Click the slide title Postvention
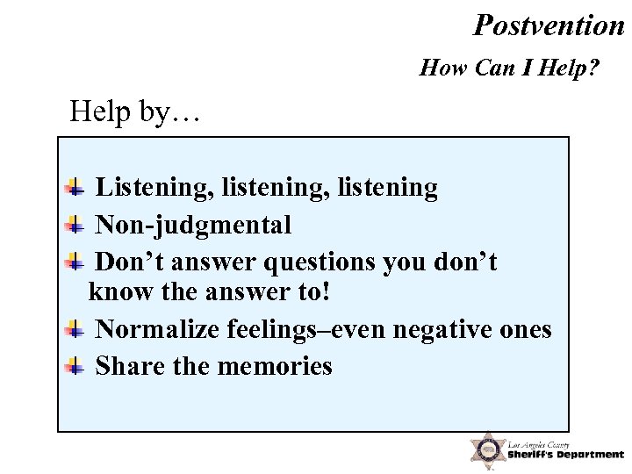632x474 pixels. point(549,25)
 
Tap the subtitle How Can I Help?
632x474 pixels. point(510,68)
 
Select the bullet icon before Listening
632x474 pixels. point(75,187)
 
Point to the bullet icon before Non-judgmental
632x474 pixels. point(75,225)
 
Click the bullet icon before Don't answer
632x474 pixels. point(75,262)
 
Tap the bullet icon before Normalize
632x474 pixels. point(75,330)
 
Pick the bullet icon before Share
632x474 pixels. point(75,366)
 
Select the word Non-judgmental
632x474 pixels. point(193,226)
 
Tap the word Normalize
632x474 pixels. point(156,330)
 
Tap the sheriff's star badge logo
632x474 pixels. point(485,449)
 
